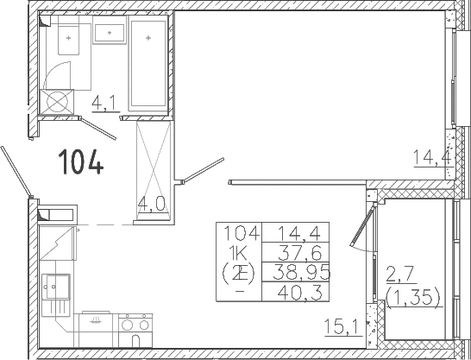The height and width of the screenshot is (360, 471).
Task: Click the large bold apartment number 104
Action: pyautogui.click(x=81, y=161)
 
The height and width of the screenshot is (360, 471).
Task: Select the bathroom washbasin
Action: pyautogui.click(x=110, y=32)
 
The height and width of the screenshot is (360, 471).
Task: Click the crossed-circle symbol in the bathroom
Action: pyautogui.click(x=57, y=102)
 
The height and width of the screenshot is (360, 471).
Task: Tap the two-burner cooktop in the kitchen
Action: pyautogui.click(x=136, y=325)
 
